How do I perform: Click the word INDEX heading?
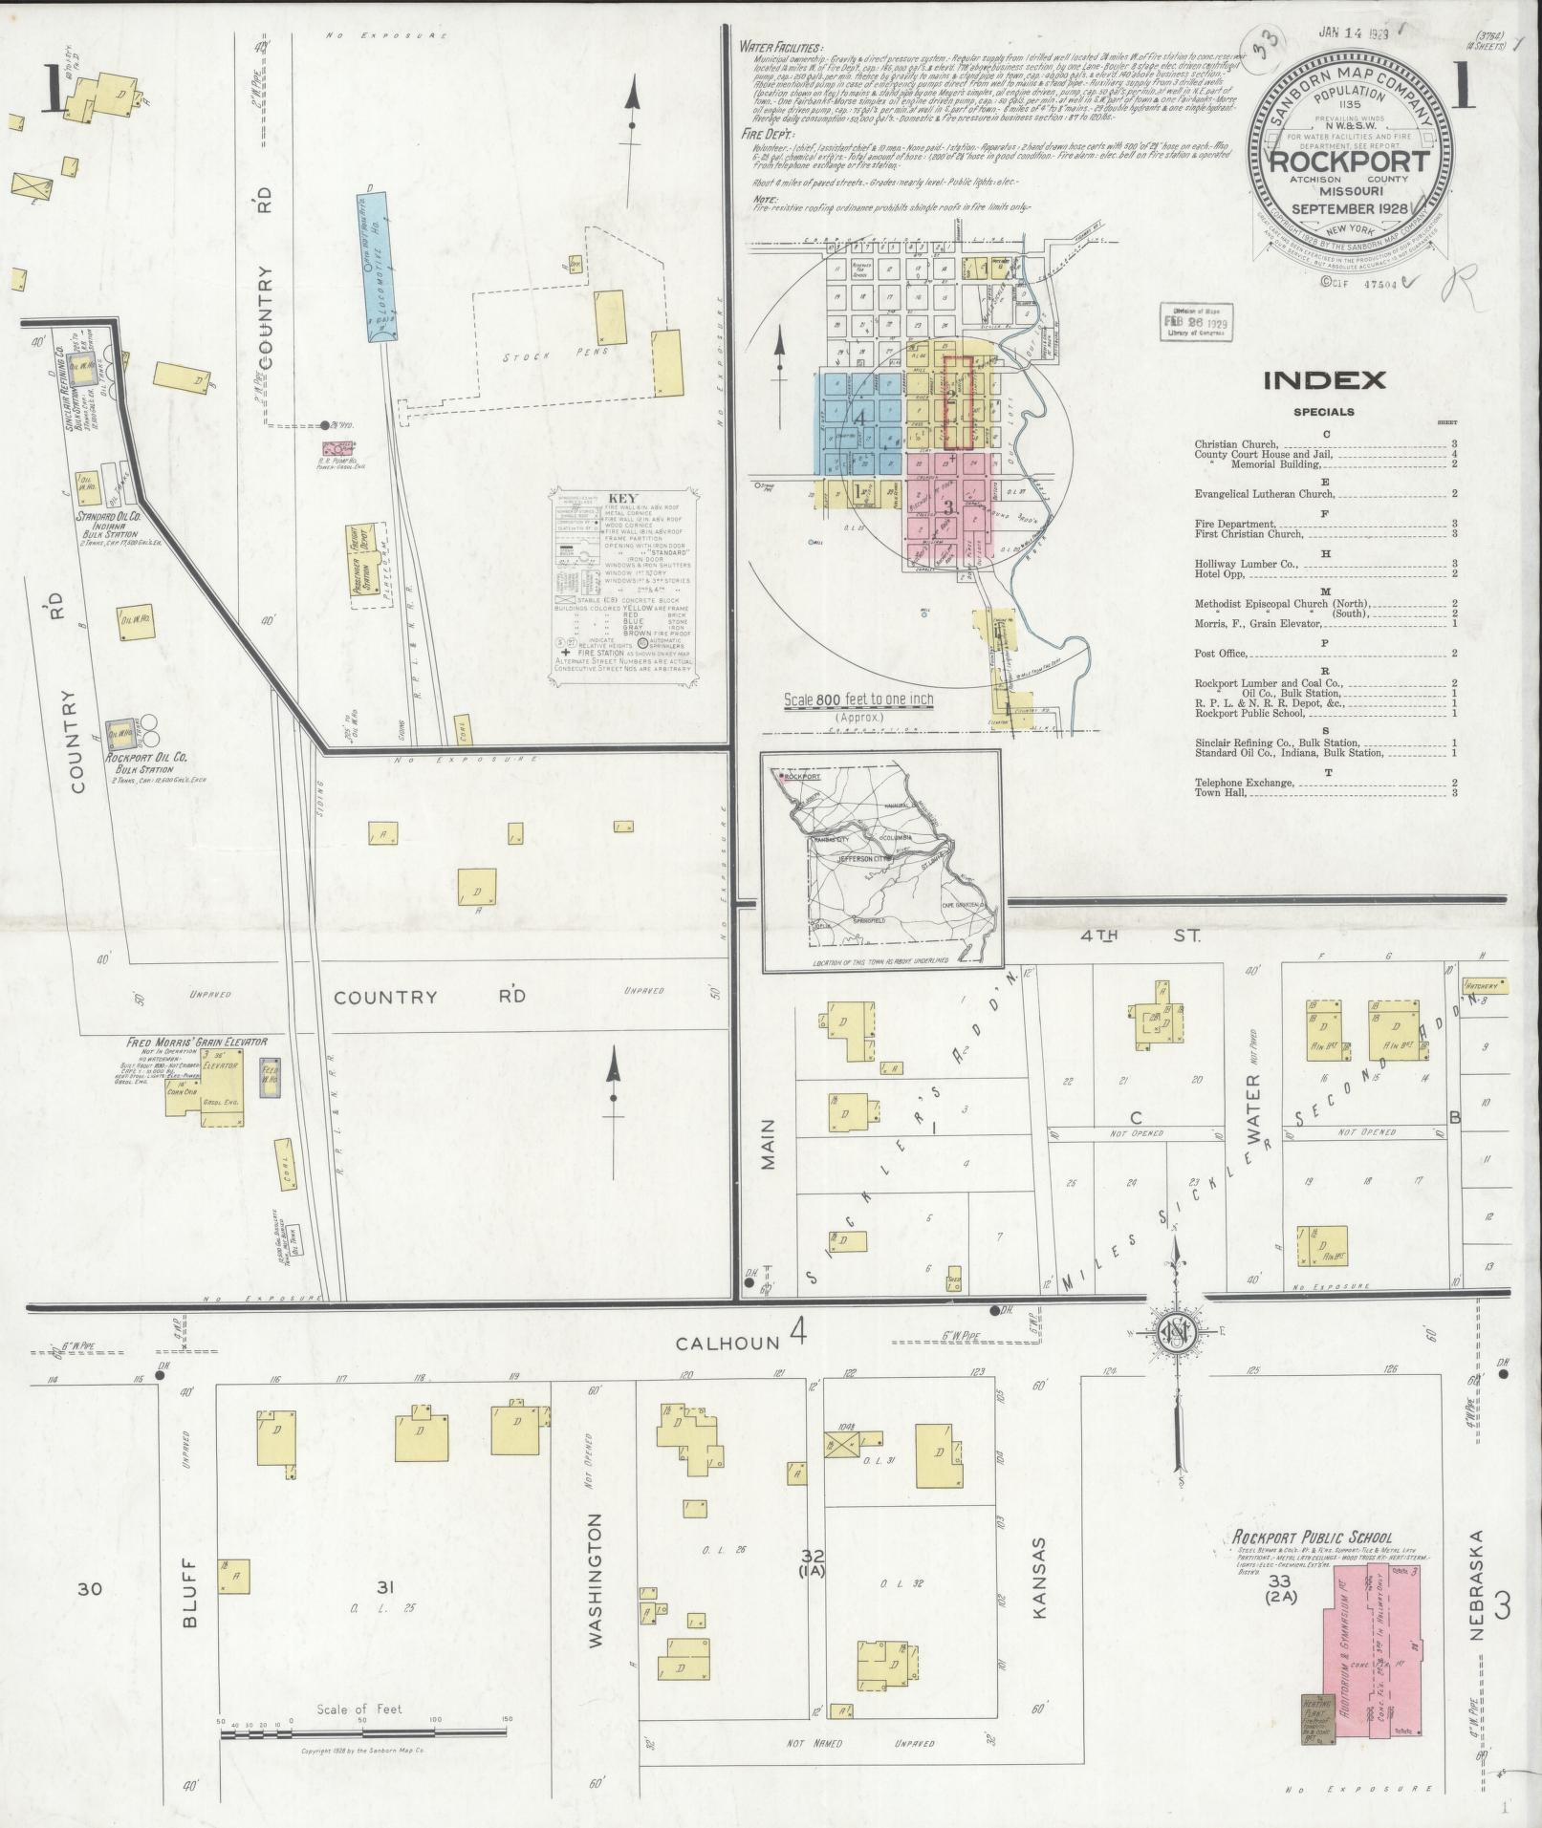[1324, 380]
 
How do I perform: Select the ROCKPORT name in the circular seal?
[1349, 161]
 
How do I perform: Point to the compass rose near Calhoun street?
[1177, 1335]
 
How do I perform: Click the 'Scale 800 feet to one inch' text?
[858, 700]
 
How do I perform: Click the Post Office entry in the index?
[1221, 654]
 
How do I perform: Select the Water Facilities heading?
[780, 47]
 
